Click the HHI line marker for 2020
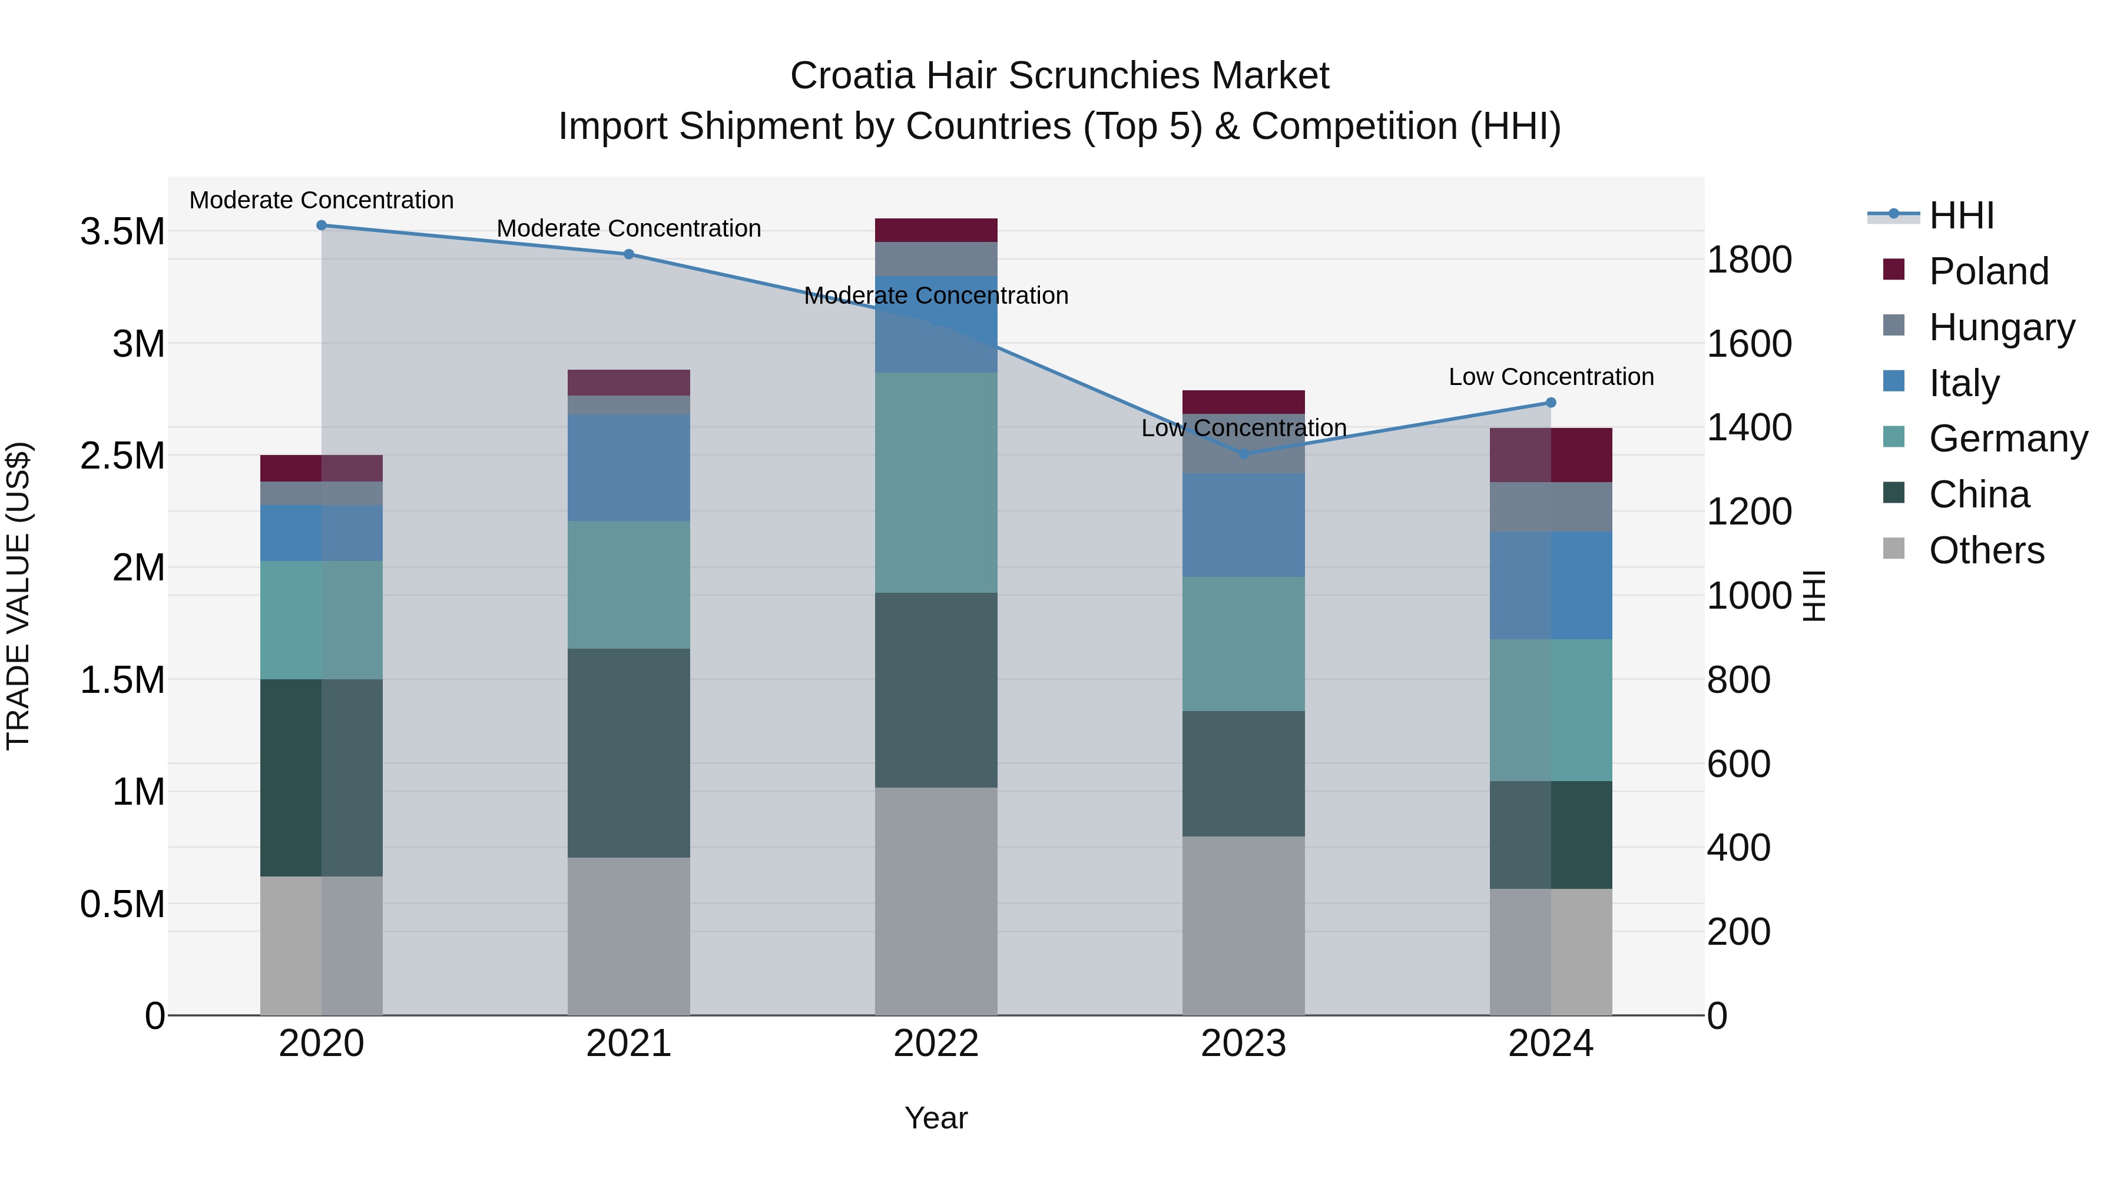pyautogui.click(x=322, y=225)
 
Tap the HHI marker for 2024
pyautogui.click(x=1551, y=402)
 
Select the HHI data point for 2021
pyautogui.click(x=629, y=254)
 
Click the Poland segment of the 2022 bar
pyautogui.click(x=936, y=230)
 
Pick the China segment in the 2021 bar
pyautogui.click(x=629, y=753)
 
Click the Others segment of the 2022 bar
pyautogui.click(x=936, y=901)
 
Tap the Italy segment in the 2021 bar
pyautogui.click(x=629, y=467)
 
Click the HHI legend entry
pyautogui.click(x=1960, y=215)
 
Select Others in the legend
pyautogui.click(x=1986, y=550)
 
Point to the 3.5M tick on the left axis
pyautogui.click(x=122, y=232)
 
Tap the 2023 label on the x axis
pyautogui.click(x=1243, y=1044)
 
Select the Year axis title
pyautogui.click(x=936, y=1118)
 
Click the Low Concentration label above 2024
pyautogui.click(x=1551, y=377)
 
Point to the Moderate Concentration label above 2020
pyautogui.click(x=322, y=200)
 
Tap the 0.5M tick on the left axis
pyautogui.click(x=122, y=904)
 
